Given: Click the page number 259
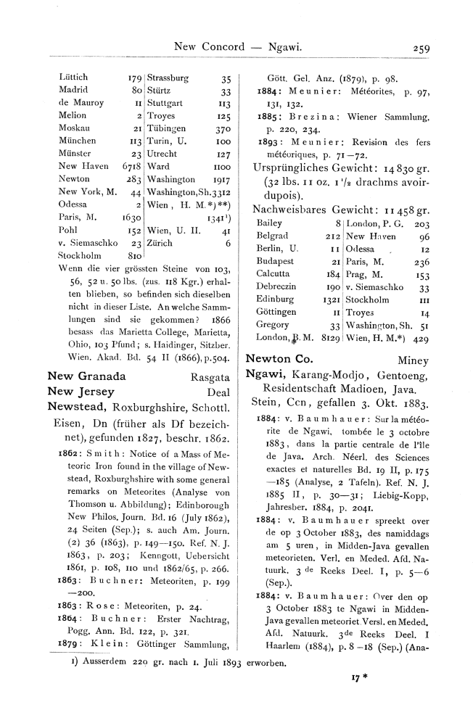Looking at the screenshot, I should click(x=420, y=49).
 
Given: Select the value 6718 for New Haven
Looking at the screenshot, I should click(x=129, y=167).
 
